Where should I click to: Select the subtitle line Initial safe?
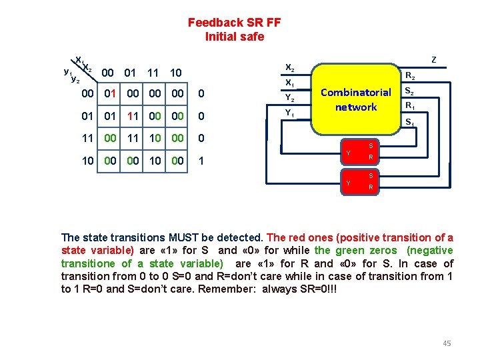click(234, 37)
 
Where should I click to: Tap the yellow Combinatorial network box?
click(355, 99)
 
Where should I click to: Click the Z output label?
click(434, 60)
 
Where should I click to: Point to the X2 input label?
click(289, 67)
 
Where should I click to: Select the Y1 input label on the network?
click(289, 113)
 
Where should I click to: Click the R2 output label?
click(411, 76)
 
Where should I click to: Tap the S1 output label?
click(410, 122)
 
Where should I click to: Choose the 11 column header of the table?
click(153, 72)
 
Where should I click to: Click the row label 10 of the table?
click(87, 161)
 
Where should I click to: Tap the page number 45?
click(447, 343)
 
